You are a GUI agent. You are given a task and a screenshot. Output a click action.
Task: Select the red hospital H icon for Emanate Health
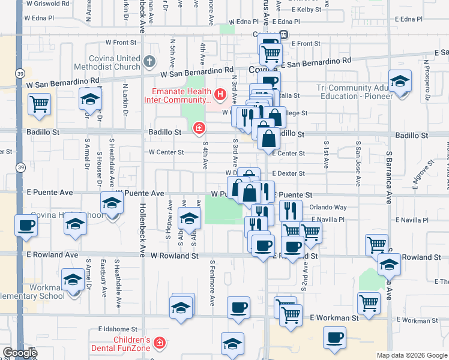(220, 94)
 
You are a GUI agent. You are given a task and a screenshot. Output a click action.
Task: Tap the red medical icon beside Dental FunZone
(160, 343)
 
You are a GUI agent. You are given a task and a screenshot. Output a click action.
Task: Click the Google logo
(19, 353)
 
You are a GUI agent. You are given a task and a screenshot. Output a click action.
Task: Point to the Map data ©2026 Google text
(411, 355)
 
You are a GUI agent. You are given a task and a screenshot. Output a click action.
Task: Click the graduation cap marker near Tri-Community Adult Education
(400, 81)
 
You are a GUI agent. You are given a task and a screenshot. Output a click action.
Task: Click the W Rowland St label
(174, 255)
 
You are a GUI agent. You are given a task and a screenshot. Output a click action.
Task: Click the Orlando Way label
(328, 207)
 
